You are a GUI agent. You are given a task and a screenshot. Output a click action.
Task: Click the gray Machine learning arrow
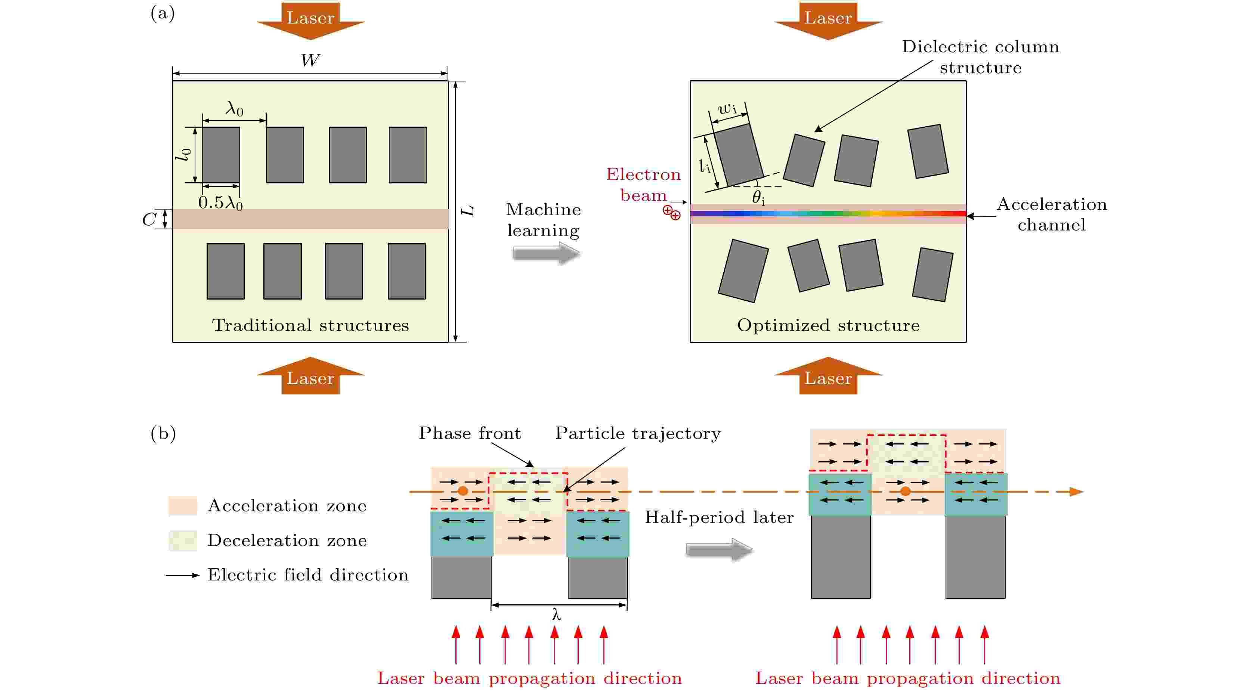point(546,253)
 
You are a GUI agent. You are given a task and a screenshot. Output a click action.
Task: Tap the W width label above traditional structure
point(310,60)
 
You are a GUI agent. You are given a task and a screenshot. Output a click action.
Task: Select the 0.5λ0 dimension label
point(220,203)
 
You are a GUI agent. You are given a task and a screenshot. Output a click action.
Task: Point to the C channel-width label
point(149,219)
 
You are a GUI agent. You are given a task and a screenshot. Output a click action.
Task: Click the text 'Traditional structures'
point(310,325)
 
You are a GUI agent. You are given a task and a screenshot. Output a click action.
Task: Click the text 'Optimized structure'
point(828,325)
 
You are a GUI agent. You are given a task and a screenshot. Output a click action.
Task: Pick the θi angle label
point(758,198)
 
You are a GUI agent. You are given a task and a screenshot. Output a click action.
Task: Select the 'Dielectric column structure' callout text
point(981,57)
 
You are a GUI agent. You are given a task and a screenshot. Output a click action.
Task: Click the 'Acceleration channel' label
point(1052,214)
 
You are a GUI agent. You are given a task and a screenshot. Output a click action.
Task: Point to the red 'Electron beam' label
point(643,185)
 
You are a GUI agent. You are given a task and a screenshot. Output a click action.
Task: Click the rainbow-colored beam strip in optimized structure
point(828,214)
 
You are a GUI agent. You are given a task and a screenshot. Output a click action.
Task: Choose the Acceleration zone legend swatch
point(183,506)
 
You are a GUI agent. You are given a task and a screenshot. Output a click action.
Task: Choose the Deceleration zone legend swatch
point(183,540)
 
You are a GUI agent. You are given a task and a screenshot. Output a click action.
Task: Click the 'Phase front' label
point(470,433)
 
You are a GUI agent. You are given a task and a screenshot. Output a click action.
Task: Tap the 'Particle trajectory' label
point(638,433)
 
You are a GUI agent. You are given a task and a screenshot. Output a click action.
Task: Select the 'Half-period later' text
point(719,517)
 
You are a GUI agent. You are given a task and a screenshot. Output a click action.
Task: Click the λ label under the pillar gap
point(557,615)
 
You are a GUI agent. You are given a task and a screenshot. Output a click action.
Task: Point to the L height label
point(468,211)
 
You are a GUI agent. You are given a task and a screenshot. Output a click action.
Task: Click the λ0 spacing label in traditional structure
point(234,109)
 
